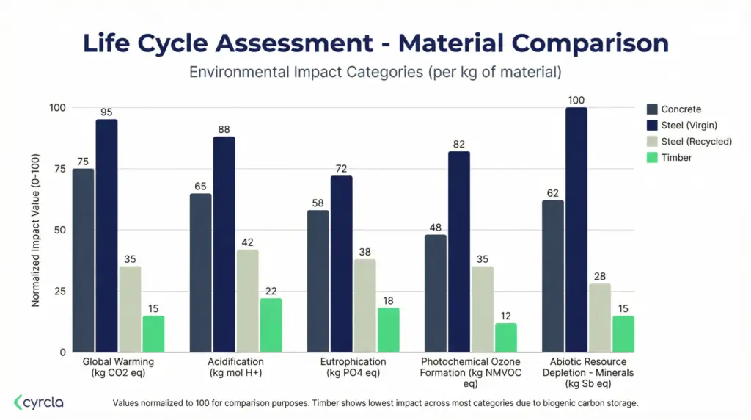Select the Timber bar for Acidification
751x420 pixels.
coord(271,325)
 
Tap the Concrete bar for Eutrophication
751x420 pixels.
coord(318,280)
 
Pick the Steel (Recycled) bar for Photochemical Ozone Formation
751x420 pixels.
coord(482,308)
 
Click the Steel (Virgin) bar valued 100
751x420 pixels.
coord(576,229)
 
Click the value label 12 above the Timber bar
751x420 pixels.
coord(505,316)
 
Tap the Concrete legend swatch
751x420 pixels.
coord(652,109)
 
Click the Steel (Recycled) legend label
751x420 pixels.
coord(696,141)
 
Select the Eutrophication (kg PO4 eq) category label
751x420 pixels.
coord(353,367)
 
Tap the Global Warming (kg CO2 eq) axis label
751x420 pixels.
coord(118,367)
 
